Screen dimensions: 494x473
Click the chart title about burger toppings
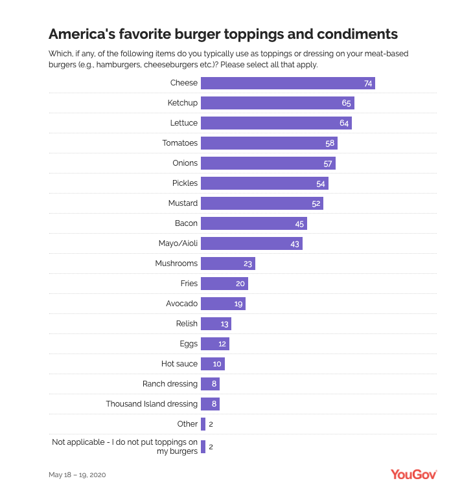pyautogui.click(x=223, y=33)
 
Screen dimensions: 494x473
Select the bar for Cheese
pyautogui.click(x=288, y=83)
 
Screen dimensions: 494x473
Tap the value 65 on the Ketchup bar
pyautogui.click(x=346, y=103)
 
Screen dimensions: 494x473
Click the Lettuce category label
pyautogui.click(x=183, y=123)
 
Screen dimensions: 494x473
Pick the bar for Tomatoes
pyautogui.click(x=269, y=143)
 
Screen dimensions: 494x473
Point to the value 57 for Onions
pyautogui.click(x=328, y=163)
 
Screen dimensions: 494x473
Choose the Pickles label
pyautogui.click(x=185, y=183)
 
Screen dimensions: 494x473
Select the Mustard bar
pyautogui.click(x=262, y=203)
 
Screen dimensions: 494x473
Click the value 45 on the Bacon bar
pyautogui.click(x=299, y=223)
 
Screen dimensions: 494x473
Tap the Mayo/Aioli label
pyautogui.click(x=178, y=243)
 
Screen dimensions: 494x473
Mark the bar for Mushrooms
pyautogui.click(x=227, y=264)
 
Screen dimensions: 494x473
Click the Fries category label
pyautogui.click(x=189, y=284)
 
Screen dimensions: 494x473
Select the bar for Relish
pyautogui.click(x=216, y=324)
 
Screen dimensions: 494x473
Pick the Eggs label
pyautogui.click(x=189, y=344)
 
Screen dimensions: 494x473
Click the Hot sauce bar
pyautogui.click(x=213, y=364)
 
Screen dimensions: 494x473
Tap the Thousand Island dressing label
pyautogui.click(x=152, y=404)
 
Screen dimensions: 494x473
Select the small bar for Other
pyautogui.click(x=203, y=424)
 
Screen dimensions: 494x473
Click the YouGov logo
pyautogui.click(x=413, y=474)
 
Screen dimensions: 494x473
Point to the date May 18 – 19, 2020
pyautogui.click(x=77, y=475)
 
